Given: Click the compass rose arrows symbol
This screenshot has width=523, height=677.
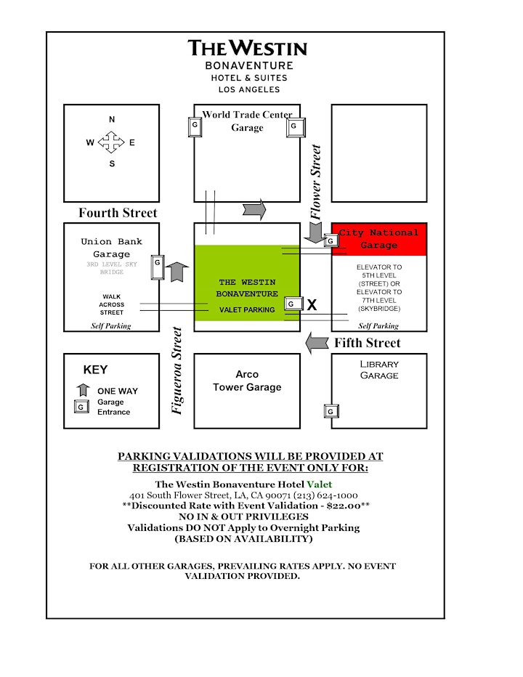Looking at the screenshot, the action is [111, 142].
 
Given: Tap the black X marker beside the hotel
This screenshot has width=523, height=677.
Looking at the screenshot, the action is [312, 305].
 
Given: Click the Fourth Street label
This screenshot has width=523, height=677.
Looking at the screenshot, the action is [118, 213].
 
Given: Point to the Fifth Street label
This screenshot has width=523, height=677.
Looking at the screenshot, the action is [368, 343].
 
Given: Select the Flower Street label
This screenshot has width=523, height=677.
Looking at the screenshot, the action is [316, 182].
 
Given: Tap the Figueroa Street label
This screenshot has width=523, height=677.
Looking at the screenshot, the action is [177, 370].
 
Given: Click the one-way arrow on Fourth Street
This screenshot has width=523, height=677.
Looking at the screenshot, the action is [254, 210].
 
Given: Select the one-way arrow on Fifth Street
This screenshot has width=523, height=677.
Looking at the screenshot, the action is [317, 344].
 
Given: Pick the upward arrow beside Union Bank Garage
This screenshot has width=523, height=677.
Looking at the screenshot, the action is [177, 272].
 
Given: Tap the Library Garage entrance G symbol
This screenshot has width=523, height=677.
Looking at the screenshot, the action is [331, 411].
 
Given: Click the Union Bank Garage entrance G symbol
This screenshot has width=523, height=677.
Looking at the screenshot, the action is [158, 267].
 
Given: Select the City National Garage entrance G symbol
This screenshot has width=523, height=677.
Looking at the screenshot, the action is [331, 240].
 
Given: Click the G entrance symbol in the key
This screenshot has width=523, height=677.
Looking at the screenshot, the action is [81, 407].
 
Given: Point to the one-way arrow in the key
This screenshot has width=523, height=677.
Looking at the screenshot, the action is [83, 390].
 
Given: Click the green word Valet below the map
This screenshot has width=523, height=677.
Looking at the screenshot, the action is [320, 485].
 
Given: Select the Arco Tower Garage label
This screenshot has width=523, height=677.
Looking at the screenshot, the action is [247, 381].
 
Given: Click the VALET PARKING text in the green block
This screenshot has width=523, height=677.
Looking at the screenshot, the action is [247, 309].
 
